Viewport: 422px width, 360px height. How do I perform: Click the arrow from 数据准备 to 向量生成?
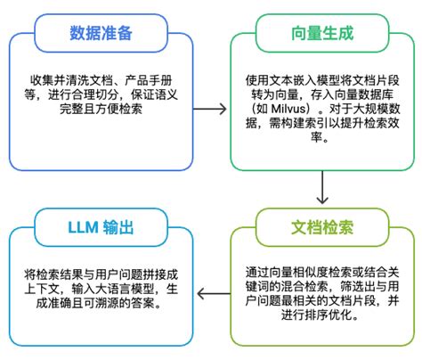(210, 109)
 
